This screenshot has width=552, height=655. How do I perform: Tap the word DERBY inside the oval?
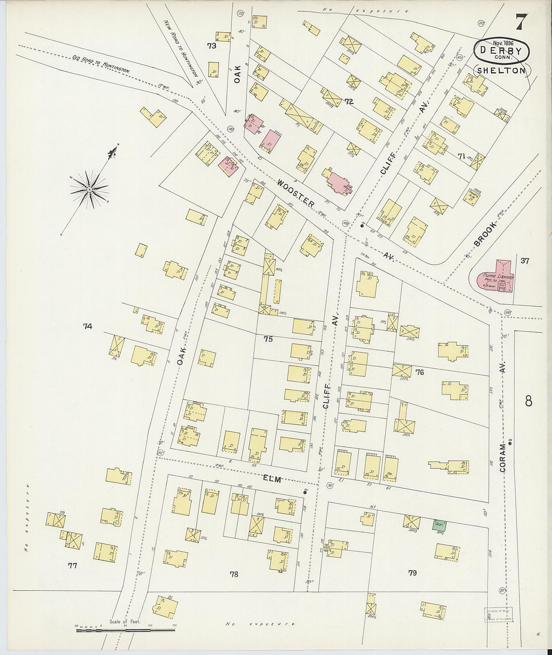[502, 51]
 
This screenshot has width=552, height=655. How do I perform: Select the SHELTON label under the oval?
[501, 70]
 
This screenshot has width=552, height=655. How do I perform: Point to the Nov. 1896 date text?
[503, 43]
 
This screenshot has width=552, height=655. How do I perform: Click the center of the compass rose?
[89, 189]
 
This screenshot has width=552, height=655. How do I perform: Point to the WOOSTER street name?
[296, 194]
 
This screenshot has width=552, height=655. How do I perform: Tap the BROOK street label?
[485, 235]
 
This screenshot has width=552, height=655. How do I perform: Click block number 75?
[267, 339]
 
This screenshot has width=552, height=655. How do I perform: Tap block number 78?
[234, 574]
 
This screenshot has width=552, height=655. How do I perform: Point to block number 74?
[87, 326]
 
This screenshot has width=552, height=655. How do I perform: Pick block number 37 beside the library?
[525, 260]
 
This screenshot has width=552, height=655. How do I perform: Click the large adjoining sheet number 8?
[528, 401]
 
